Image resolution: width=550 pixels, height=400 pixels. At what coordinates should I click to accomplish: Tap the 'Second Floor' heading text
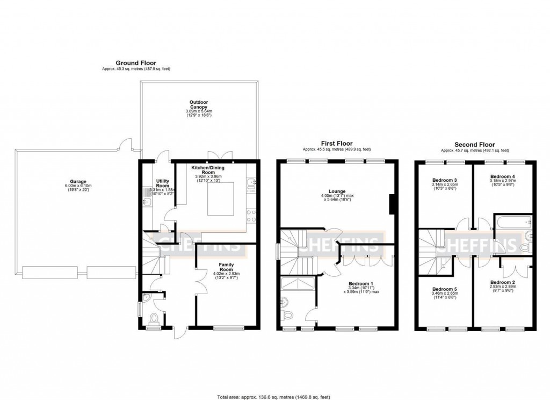click(x=475, y=144)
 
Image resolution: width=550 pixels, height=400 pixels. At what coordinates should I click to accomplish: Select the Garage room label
click(x=77, y=182)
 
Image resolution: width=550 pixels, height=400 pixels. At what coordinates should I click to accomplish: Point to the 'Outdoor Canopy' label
click(x=198, y=104)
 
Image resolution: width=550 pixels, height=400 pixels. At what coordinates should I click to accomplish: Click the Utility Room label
click(x=163, y=183)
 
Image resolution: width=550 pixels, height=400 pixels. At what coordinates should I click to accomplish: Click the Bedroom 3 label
click(x=444, y=180)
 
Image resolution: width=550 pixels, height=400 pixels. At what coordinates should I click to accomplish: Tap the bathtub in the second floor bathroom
click(x=513, y=222)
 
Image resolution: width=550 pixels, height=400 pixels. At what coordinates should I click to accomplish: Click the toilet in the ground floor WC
click(x=154, y=318)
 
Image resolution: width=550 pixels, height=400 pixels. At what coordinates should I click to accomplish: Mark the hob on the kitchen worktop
click(x=251, y=215)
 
